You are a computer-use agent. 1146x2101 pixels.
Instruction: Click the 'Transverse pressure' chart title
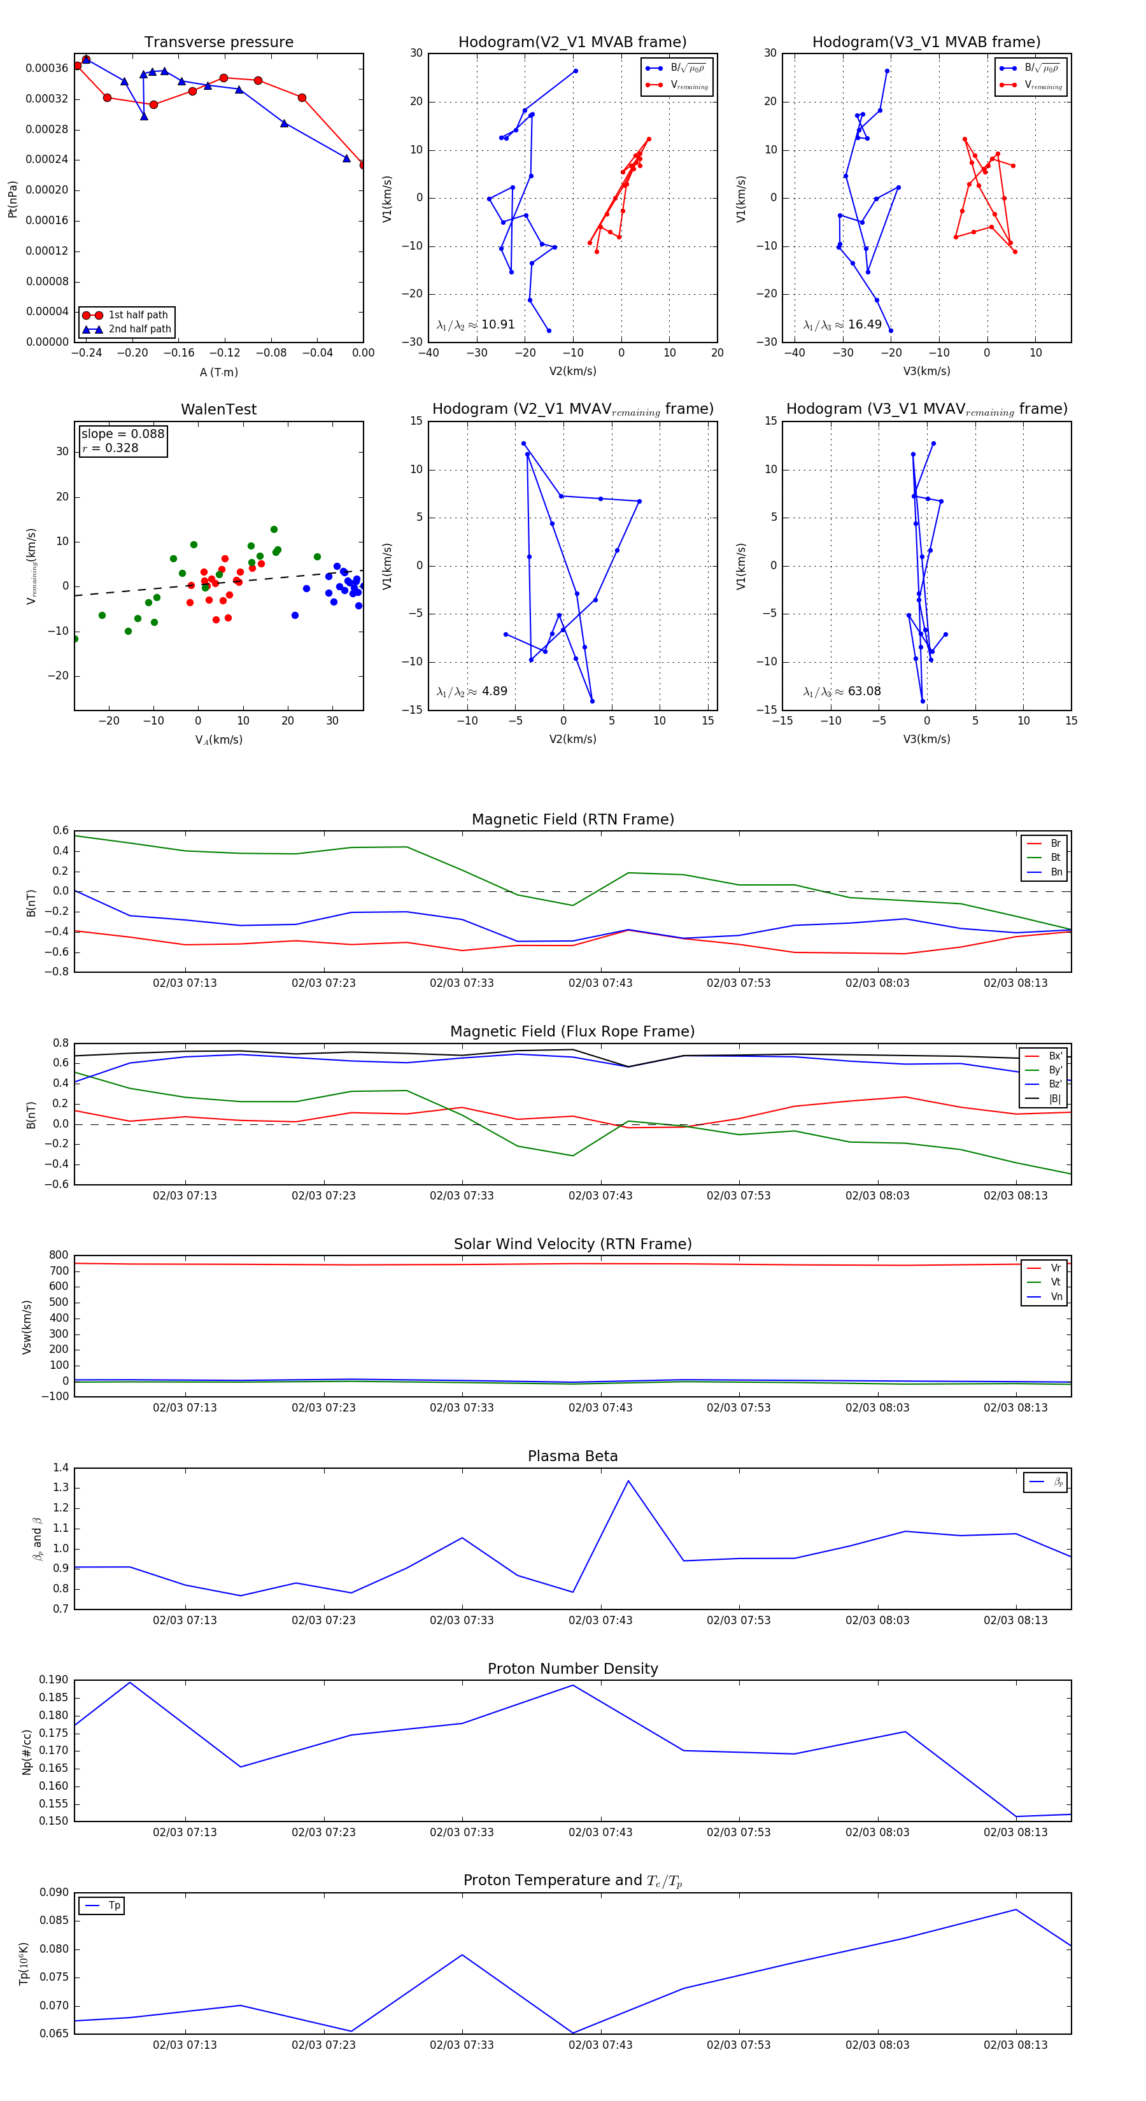tap(218, 43)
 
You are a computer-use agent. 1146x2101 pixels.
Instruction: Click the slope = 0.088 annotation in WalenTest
tap(122, 434)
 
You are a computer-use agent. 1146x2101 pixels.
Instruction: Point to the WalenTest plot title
tap(218, 409)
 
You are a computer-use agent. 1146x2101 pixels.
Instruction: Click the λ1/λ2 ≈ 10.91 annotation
tap(476, 325)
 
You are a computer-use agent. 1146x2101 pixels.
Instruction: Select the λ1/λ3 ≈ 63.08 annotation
tap(842, 691)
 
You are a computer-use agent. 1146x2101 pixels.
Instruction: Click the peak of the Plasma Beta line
tap(628, 1480)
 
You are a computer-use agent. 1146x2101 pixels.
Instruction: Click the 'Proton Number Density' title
tap(572, 1669)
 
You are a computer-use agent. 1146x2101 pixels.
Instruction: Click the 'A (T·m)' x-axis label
tap(218, 372)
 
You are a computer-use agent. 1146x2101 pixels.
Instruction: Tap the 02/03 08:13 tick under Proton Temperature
tap(1015, 2045)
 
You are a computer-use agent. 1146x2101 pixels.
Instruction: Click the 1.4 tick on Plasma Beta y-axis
tap(60, 1468)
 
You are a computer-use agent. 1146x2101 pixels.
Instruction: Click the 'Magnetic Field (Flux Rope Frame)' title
tap(572, 1032)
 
